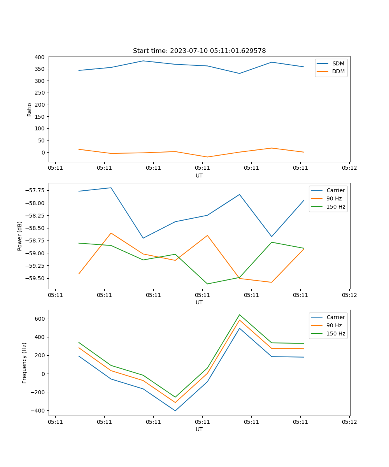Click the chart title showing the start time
(199, 51)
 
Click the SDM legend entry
(338, 63)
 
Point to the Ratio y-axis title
(30, 109)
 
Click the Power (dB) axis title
(20, 236)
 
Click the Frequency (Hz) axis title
(25, 363)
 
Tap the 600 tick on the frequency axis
(40, 319)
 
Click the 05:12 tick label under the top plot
(349, 168)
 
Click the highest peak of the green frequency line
(240, 314)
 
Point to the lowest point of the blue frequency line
(175, 411)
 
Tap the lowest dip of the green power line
(207, 284)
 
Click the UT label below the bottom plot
(199, 429)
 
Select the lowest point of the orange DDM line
(207, 157)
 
